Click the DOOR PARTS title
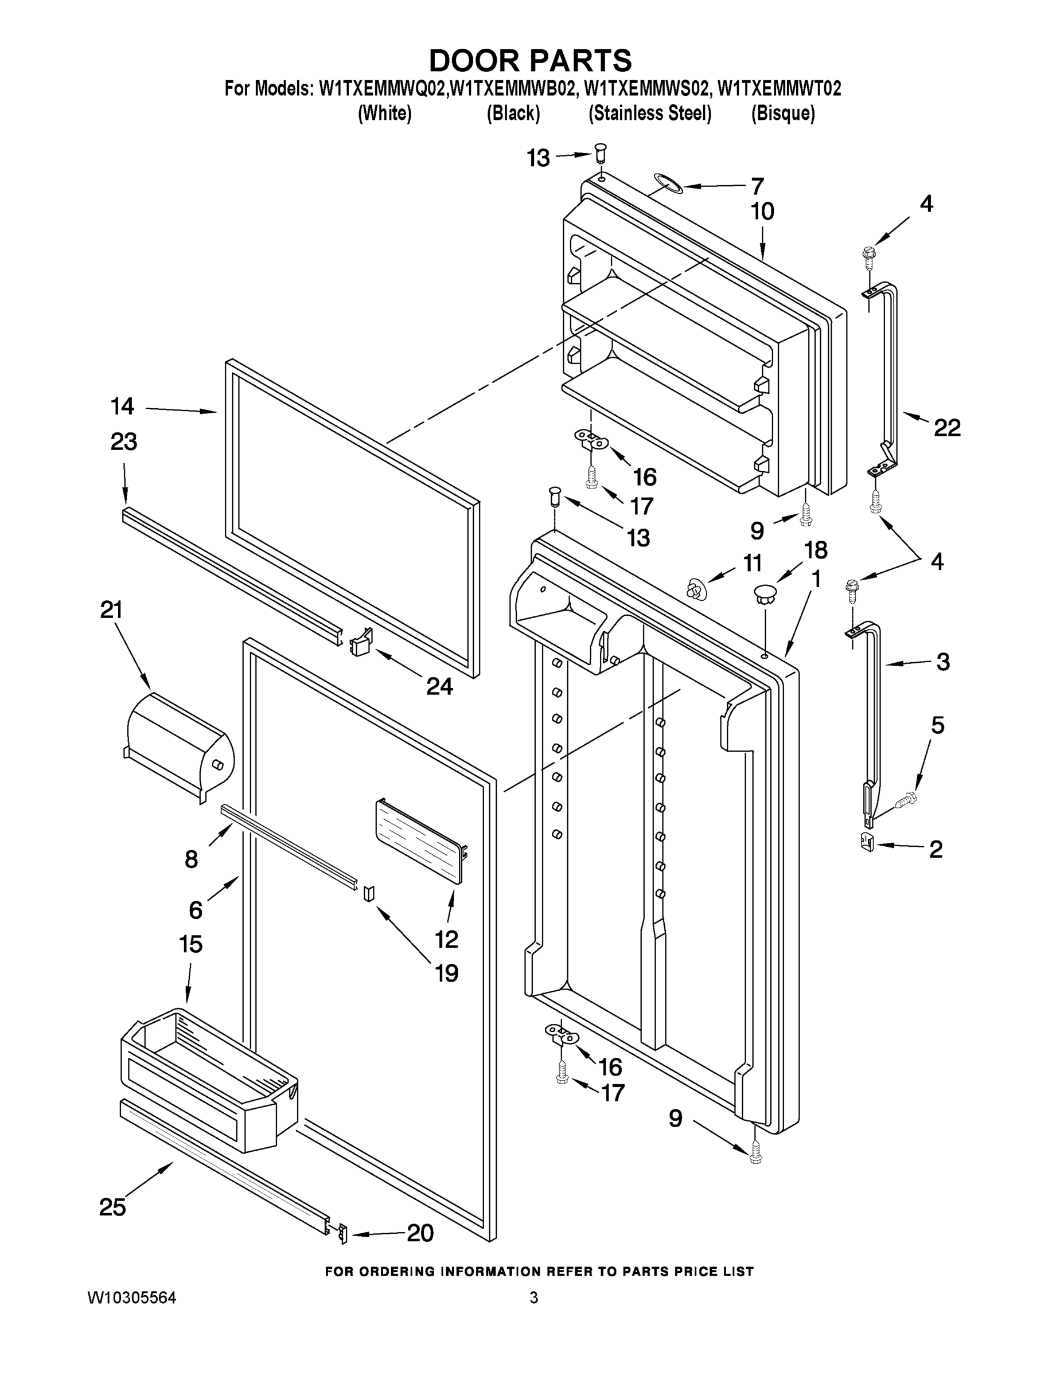point(530,61)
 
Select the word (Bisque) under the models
point(783,114)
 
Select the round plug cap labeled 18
point(764,593)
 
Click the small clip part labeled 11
point(694,589)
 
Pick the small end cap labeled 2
point(867,842)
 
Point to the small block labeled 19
point(369,893)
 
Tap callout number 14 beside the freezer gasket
point(122,407)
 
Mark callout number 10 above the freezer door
point(763,212)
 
